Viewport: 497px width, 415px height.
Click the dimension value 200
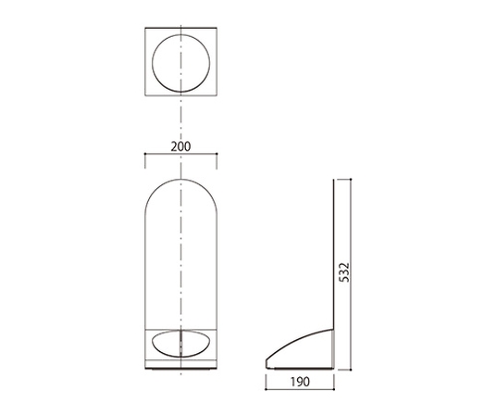click(x=181, y=146)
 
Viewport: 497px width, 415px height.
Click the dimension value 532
click(x=345, y=273)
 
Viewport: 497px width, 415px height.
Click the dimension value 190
click(x=300, y=382)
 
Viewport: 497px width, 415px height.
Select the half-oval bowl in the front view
click(x=181, y=356)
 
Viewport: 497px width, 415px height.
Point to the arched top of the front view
click(x=181, y=179)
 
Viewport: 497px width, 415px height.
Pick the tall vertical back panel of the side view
click(x=334, y=254)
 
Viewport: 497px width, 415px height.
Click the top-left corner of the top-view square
click(x=145, y=28)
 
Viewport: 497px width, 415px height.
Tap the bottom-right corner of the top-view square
click(x=217, y=96)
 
